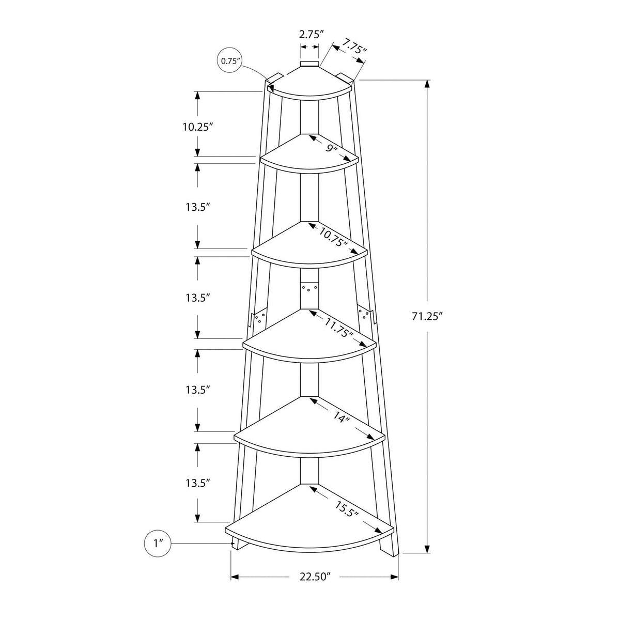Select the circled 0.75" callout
coord(230,61)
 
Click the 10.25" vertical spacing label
coord(198,127)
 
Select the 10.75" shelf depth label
coord(334,237)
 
